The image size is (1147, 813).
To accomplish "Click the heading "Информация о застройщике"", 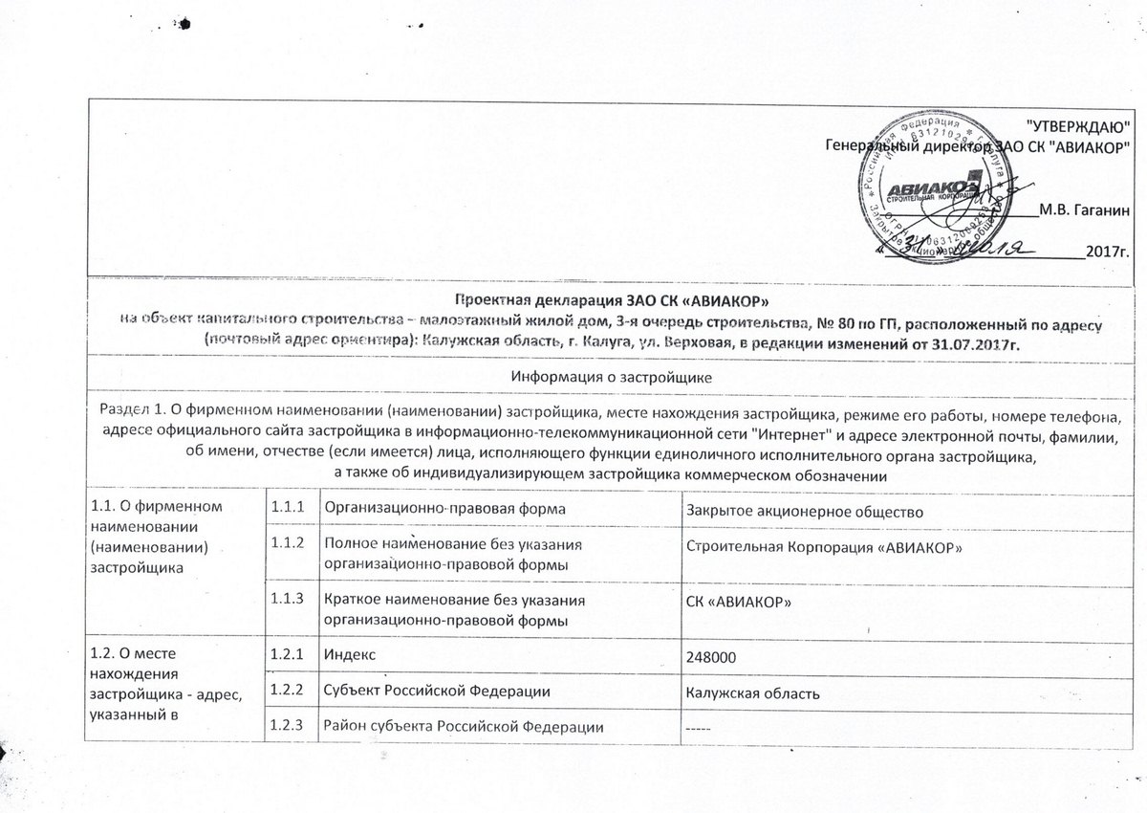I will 612,378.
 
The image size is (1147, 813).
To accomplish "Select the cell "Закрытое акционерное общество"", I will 803,510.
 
